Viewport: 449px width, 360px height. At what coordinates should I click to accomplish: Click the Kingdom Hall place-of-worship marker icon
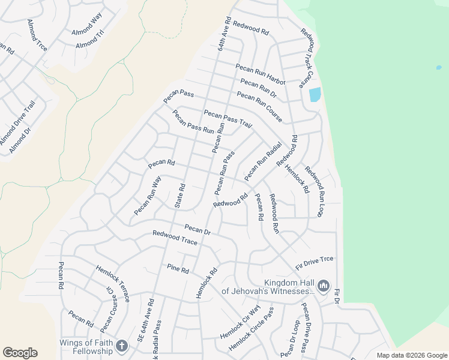(x=323, y=286)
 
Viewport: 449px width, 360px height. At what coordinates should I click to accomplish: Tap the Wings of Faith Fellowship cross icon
(x=122, y=346)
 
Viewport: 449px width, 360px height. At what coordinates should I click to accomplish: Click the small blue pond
(x=314, y=94)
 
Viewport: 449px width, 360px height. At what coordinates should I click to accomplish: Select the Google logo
(x=20, y=353)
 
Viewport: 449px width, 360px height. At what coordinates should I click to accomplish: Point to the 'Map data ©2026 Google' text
(x=411, y=355)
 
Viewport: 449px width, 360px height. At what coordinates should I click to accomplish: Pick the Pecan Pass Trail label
(x=228, y=118)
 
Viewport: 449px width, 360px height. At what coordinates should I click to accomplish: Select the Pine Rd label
(x=178, y=269)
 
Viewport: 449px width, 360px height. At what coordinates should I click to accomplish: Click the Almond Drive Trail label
(x=17, y=122)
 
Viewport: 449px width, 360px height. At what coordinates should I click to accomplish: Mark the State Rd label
(x=179, y=196)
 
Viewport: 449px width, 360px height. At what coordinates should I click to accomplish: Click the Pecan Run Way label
(x=148, y=196)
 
